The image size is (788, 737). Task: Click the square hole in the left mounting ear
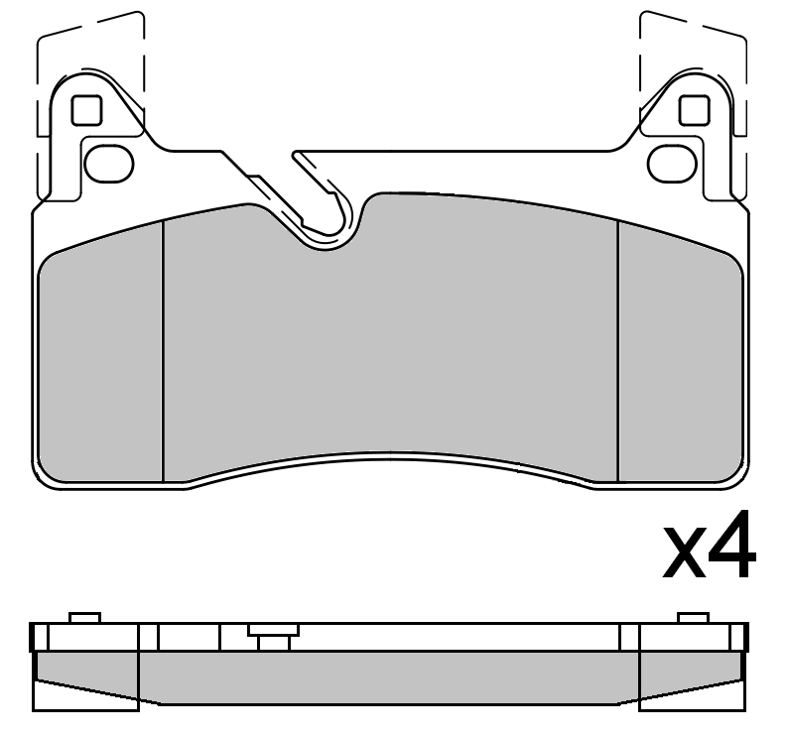point(87,111)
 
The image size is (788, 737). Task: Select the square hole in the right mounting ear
point(693,111)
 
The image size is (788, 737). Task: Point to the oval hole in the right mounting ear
point(671,160)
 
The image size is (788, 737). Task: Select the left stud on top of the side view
point(84,618)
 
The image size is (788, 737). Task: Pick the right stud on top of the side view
point(694,618)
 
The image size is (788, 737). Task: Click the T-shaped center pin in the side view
point(273,636)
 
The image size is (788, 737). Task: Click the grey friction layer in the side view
point(390,675)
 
